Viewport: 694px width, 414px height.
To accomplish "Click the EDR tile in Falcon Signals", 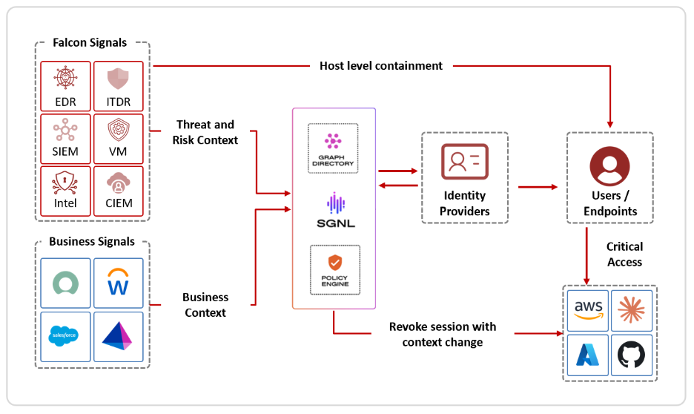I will [65, 86].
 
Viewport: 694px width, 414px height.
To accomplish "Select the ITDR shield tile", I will [119, 86].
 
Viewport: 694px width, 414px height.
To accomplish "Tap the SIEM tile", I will [65, 138].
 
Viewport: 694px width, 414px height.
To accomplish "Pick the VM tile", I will [119, 138].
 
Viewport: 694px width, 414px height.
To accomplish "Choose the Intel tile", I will [65, 190].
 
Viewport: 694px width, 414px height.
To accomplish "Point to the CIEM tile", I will [119, 190].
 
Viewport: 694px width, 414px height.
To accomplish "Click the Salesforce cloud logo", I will [65, 336].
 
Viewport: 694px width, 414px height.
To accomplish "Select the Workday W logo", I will [119, 283].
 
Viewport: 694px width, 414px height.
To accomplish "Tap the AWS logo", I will [589, 310].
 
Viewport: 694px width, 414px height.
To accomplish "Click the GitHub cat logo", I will [632, 355].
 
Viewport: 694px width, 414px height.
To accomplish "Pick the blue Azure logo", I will [589, 355].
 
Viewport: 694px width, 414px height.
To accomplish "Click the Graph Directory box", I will [333, 148].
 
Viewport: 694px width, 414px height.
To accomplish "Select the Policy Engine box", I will [333, 270].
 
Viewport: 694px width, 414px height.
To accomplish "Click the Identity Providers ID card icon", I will [464, 162].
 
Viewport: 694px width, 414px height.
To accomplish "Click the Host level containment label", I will [381, 66].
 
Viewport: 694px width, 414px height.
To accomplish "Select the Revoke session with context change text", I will [443, 335].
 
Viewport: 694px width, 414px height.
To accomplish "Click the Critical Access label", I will [624, 254].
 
